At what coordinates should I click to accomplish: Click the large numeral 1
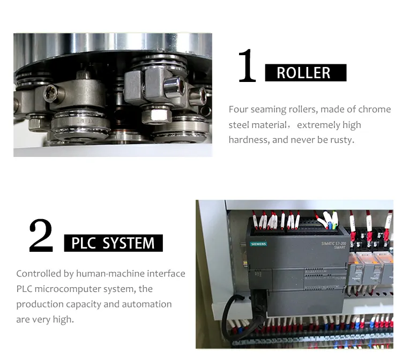click(247, 66)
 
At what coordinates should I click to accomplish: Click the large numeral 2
click(41, 236)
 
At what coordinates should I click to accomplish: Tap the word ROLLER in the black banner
click(303, 73)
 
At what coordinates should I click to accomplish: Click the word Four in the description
click(239, 109)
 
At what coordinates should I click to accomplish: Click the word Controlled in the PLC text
click(39, 274)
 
